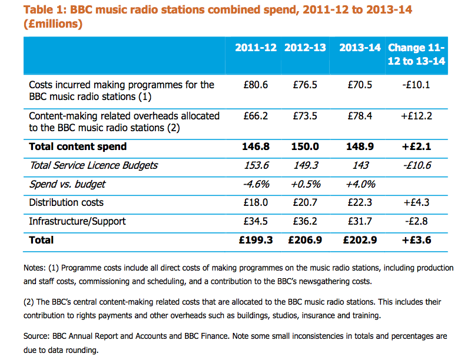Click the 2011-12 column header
point(256,48)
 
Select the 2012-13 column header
point(305,48)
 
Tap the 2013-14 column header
point(360,48)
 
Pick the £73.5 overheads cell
point(305,116)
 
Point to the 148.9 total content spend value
point(360,146)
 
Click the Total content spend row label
point(78,146)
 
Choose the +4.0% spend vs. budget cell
point(360,184)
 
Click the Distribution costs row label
point(66,202)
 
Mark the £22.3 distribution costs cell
point(360,202)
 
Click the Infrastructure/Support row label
point(77,221)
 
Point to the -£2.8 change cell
point(416,221)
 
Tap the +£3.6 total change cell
point(416,240)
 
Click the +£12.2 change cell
point(416,116)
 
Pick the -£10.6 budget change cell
point(416,165)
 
